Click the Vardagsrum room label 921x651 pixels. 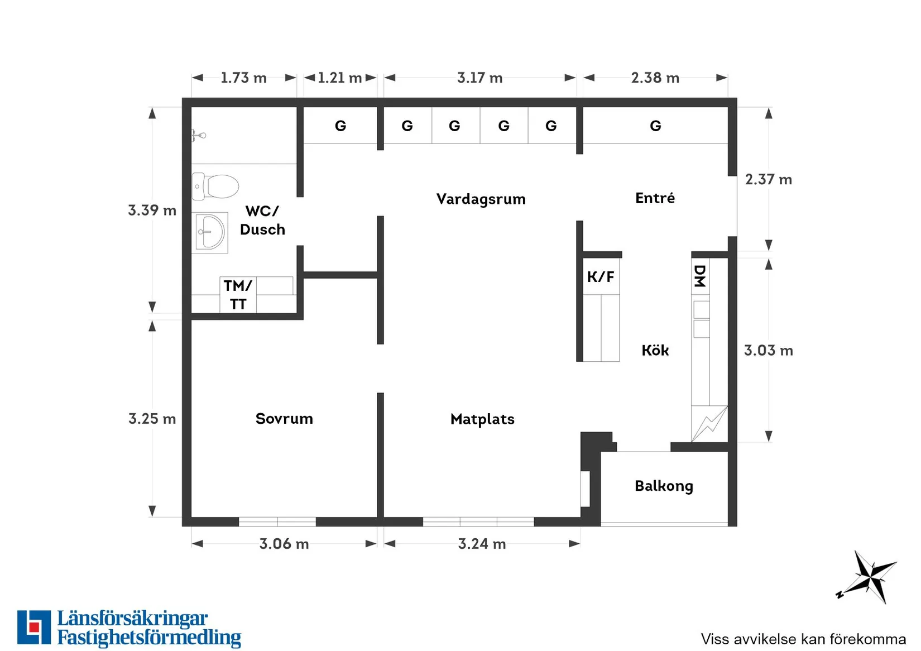click(x=481, y=199)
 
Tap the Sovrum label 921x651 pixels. click(x=284, y=419)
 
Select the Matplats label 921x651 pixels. click(x=482, y=419)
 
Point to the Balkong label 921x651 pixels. click(x=664, y=486)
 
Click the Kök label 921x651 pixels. click(x=655, y=351)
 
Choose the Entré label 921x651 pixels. click(x=655, y=198)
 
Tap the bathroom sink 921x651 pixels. click(x=210, y=232)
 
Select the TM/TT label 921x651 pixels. click(x=238, y=295)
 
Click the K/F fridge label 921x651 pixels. click(x=601, y=277)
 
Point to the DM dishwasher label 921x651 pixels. click(x=699, y=276)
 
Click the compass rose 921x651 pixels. click(x=869, y=577)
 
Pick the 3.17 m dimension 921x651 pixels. click(x=479, y=78)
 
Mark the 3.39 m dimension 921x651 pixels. click(x=152, y=210)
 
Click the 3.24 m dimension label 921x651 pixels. click(x=482, y=544)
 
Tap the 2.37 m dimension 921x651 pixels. click(x=768, y=180)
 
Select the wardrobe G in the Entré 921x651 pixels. click(x=655, y=126)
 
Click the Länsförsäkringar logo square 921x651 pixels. click(x=34, y=627)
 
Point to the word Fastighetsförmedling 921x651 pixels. click(x=149, y=638)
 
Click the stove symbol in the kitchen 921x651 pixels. click(x=709, y=423)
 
